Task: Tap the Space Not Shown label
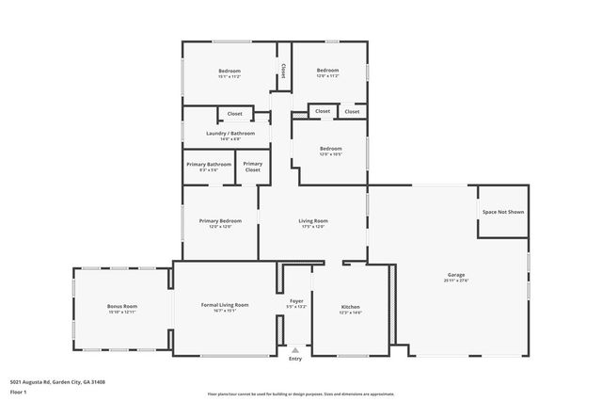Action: click(x=503, y=212)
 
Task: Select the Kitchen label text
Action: click(x=350, y=307)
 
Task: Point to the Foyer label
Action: click(x=296, y=300)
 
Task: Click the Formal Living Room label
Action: click(x=225, y=305)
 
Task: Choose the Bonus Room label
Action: click(x=122, y=306)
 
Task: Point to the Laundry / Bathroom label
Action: click(x=230, y=133)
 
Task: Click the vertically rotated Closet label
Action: click(x=282, y=72)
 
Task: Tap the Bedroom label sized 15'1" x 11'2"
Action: click(x=230, y=72)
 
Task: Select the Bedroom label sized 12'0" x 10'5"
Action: click(x=330, y=148)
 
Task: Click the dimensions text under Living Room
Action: click(x=313, y=227)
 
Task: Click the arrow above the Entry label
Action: click(x=295, y=349)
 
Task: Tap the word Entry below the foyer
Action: click(x=295, y=359)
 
